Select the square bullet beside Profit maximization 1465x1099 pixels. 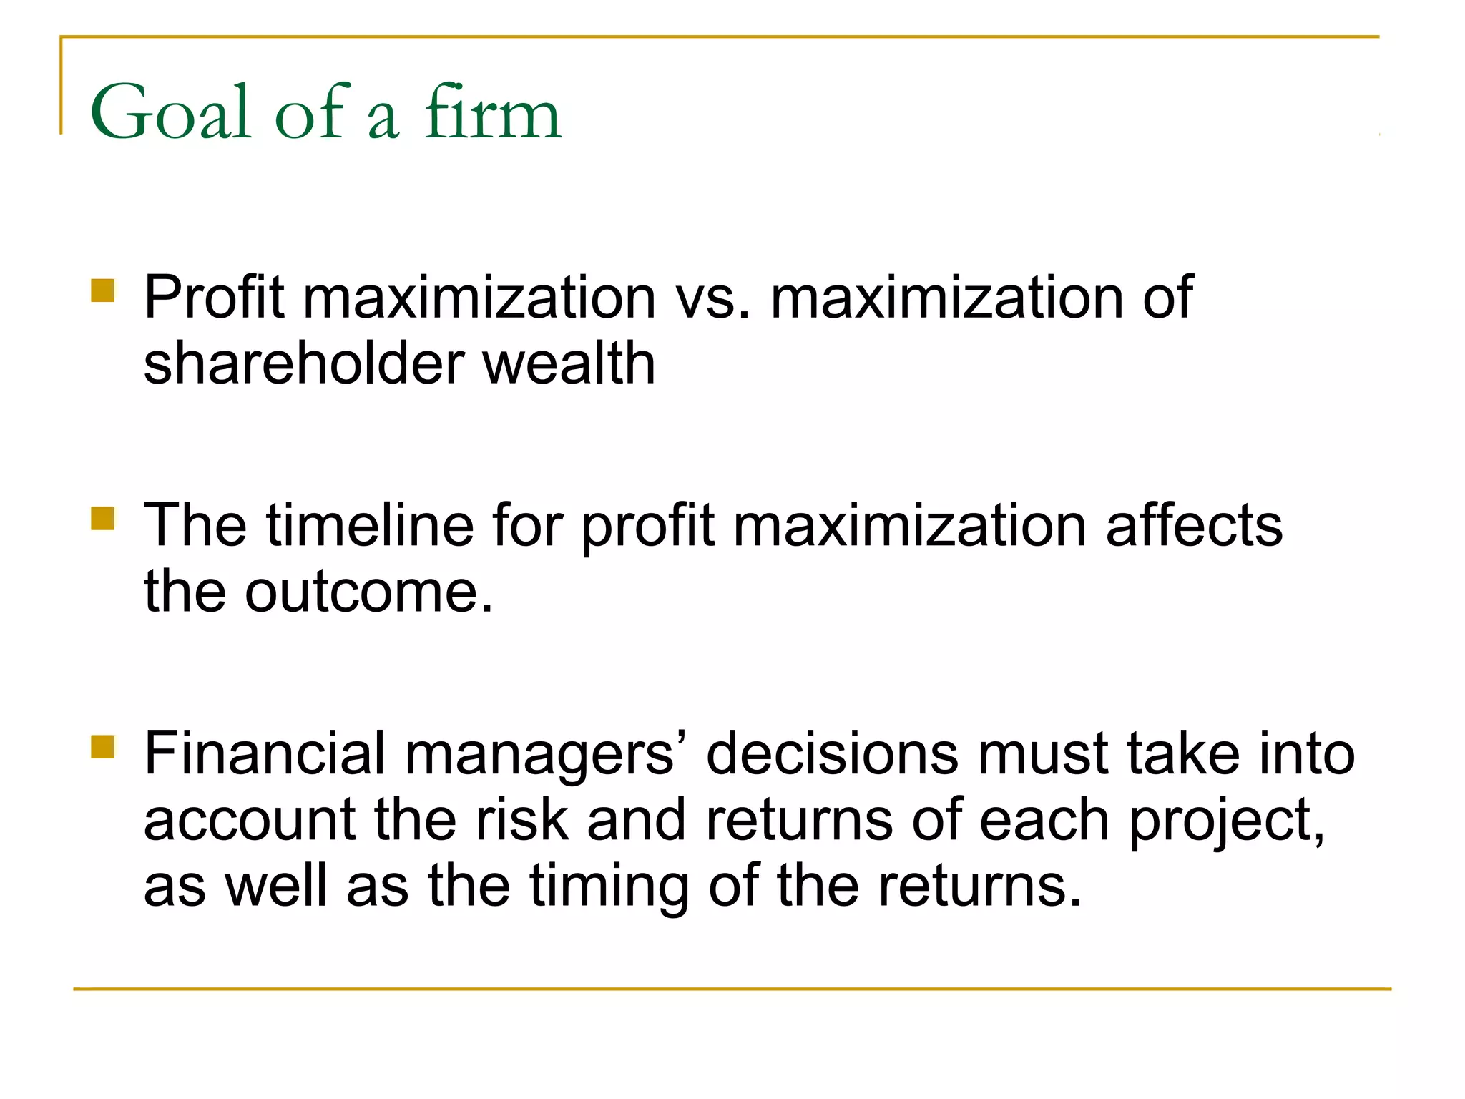(x=103, y=291)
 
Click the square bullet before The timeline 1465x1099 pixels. (x=103, y=519)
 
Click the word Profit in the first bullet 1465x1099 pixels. (x=214, y=298)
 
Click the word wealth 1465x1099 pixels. (x=569, y=363)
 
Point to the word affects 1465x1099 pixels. (x=1194, y=525)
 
